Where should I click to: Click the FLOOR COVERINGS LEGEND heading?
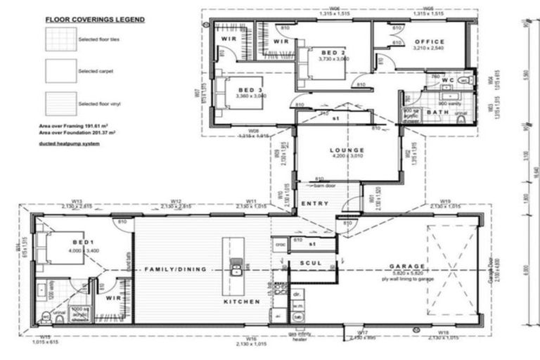tap(95, 20)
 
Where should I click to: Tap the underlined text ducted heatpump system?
tap(69, 143)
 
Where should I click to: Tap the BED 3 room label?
tap(250, 90)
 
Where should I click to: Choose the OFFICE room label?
tap(429, 42)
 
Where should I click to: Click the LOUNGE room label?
tap(347, 150)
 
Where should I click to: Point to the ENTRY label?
tap(314, 203)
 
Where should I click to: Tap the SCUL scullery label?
tap(310, 263)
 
